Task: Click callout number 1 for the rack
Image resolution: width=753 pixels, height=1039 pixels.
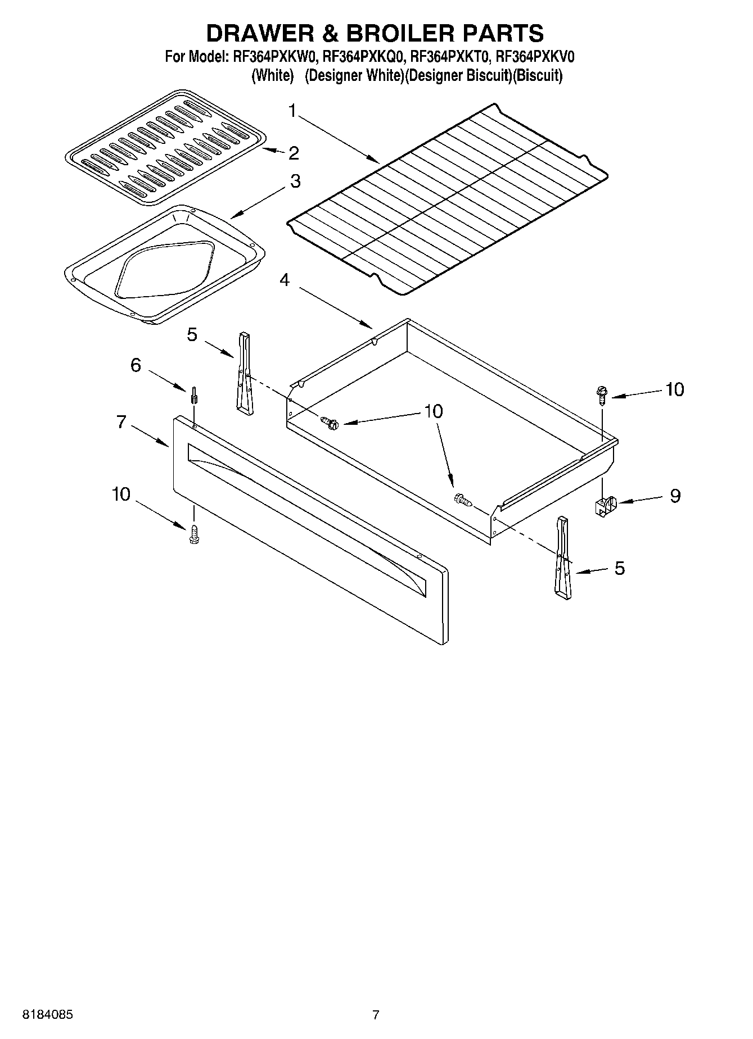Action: [x=292, y=111]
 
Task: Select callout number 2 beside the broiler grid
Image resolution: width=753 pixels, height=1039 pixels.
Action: [x=293, y=153]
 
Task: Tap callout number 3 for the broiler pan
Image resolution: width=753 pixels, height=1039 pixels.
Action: [x=295, y=182]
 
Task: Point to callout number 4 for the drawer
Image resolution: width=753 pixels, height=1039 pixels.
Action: [x=285, y=279]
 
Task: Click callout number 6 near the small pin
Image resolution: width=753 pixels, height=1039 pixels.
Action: [x=136, y=365]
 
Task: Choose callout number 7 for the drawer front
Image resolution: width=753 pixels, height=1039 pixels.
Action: [x=121, y=421]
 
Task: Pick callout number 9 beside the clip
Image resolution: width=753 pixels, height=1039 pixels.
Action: [x=674, y=496]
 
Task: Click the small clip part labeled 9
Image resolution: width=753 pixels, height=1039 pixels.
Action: [x=605, y=506]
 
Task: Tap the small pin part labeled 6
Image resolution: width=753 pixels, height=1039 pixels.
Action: [x=193, y=395]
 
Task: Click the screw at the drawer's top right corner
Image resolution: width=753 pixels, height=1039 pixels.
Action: [x=602, y=395]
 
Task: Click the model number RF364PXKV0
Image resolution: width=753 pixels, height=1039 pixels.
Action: [x=535, y=57]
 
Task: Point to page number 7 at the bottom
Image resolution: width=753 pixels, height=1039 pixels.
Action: [x=376, y=1015]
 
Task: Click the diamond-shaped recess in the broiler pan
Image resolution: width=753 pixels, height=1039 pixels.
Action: [x=166, y=270]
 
